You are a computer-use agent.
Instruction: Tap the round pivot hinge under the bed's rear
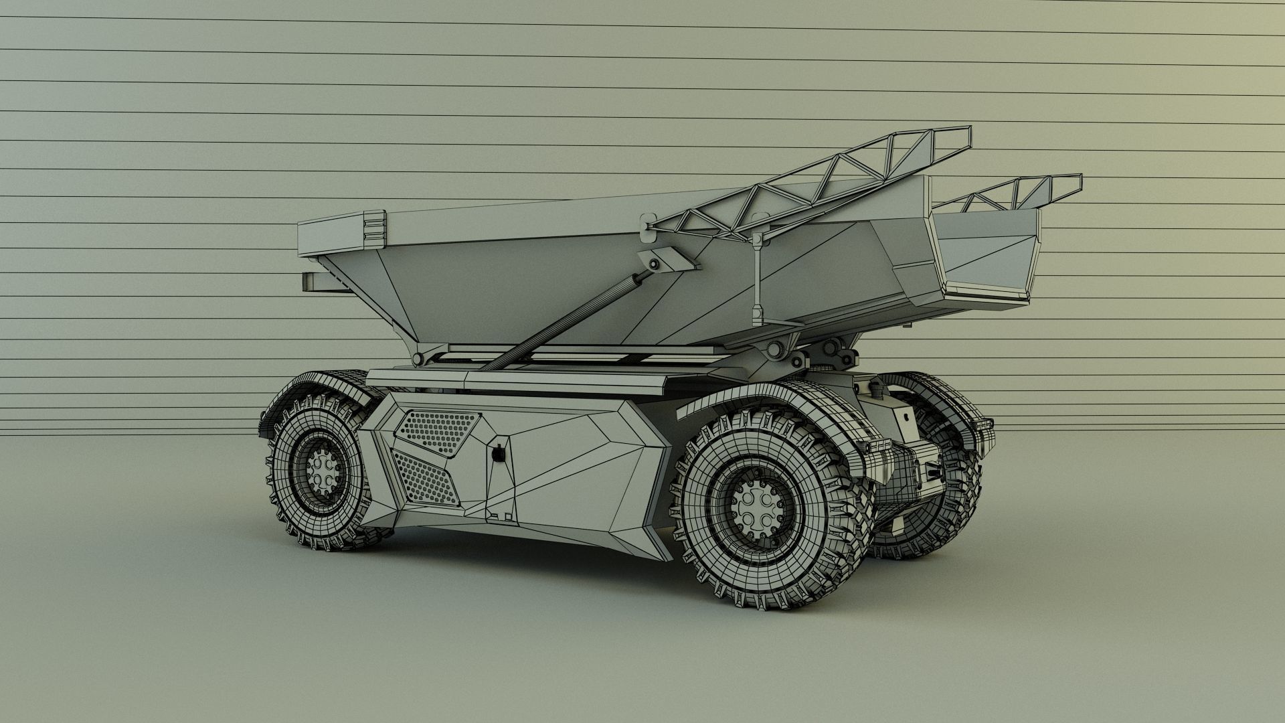pos(776,349)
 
